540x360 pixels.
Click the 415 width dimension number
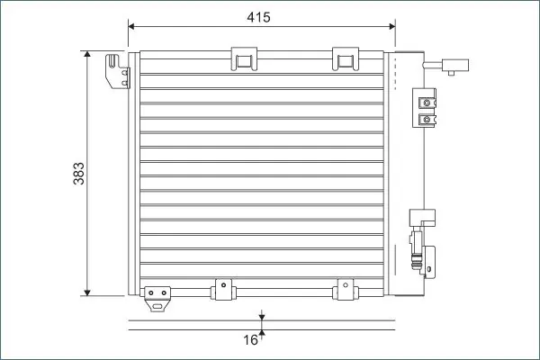258,17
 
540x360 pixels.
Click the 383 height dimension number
79,174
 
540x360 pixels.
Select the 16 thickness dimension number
250,340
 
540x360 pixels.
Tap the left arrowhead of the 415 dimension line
131,26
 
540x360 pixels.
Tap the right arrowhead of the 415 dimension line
391,26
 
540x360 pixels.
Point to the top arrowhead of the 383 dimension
87,54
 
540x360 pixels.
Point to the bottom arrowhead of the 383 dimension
87,292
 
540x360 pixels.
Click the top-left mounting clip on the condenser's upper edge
244,58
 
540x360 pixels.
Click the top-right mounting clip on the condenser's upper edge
346,58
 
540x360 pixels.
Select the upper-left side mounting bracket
117,71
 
